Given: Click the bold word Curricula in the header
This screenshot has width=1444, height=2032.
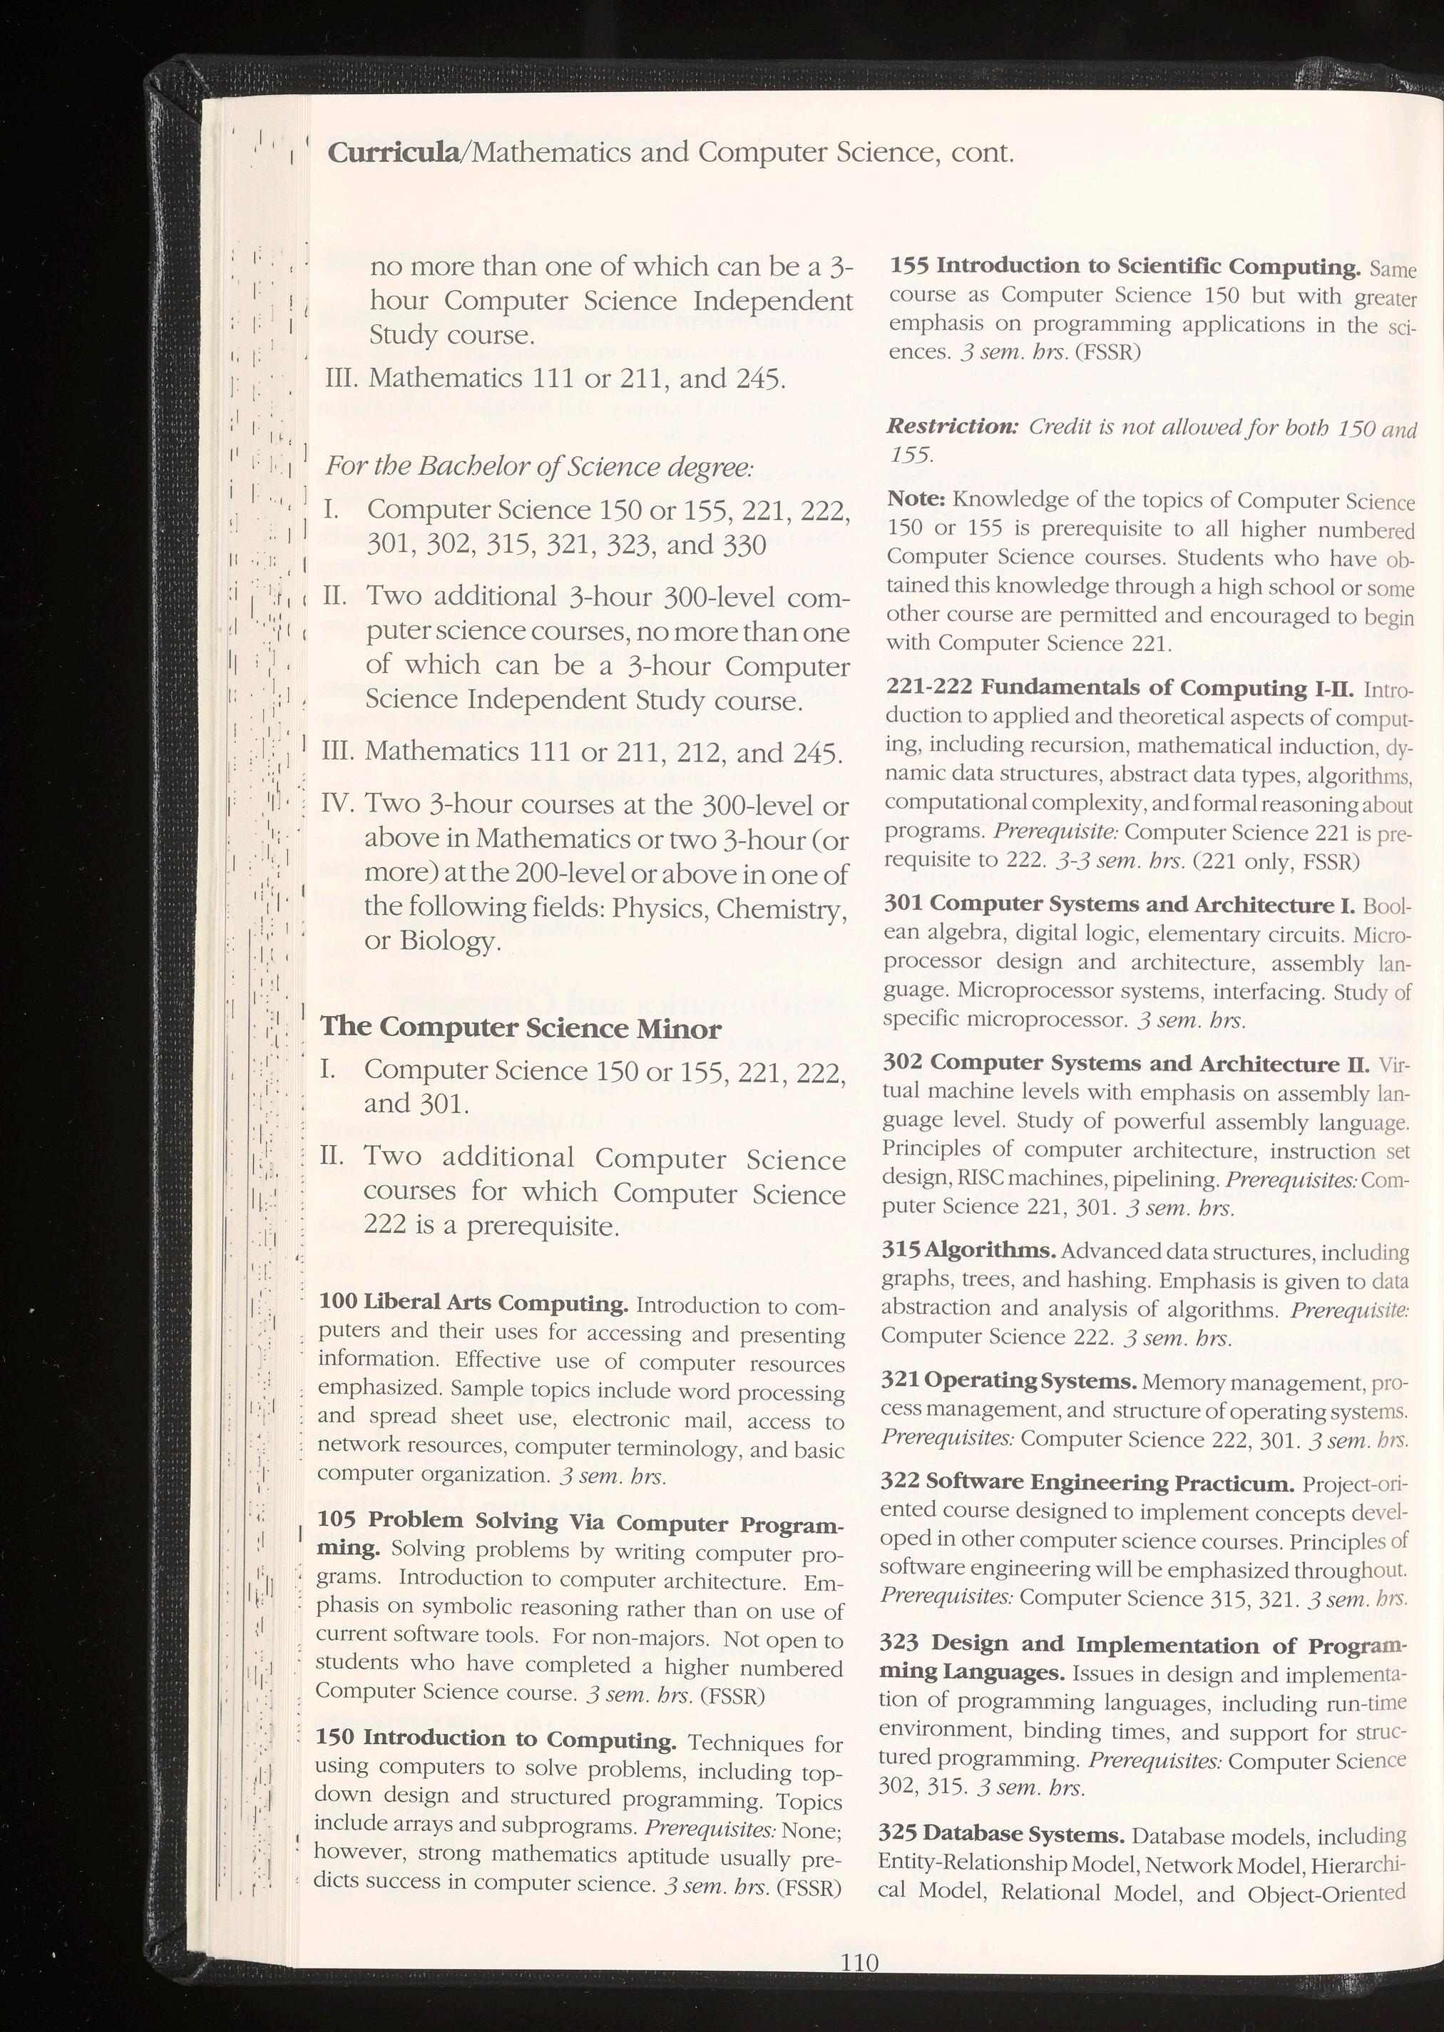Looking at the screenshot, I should click(x=393, y=152).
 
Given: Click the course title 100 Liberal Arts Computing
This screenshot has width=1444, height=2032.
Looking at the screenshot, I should click(x=473, y=1303).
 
